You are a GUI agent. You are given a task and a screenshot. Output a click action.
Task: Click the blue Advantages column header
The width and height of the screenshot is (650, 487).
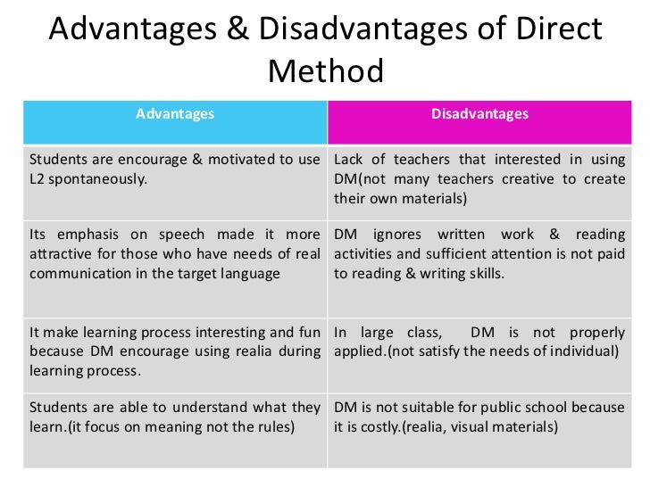click(175, 114)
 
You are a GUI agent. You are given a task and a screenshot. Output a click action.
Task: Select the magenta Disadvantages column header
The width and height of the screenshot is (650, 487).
click(479, 114)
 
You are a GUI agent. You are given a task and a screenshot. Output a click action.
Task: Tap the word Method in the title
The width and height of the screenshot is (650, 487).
click(325, 71)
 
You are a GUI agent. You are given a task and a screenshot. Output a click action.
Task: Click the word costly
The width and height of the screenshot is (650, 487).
click(374, 426)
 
